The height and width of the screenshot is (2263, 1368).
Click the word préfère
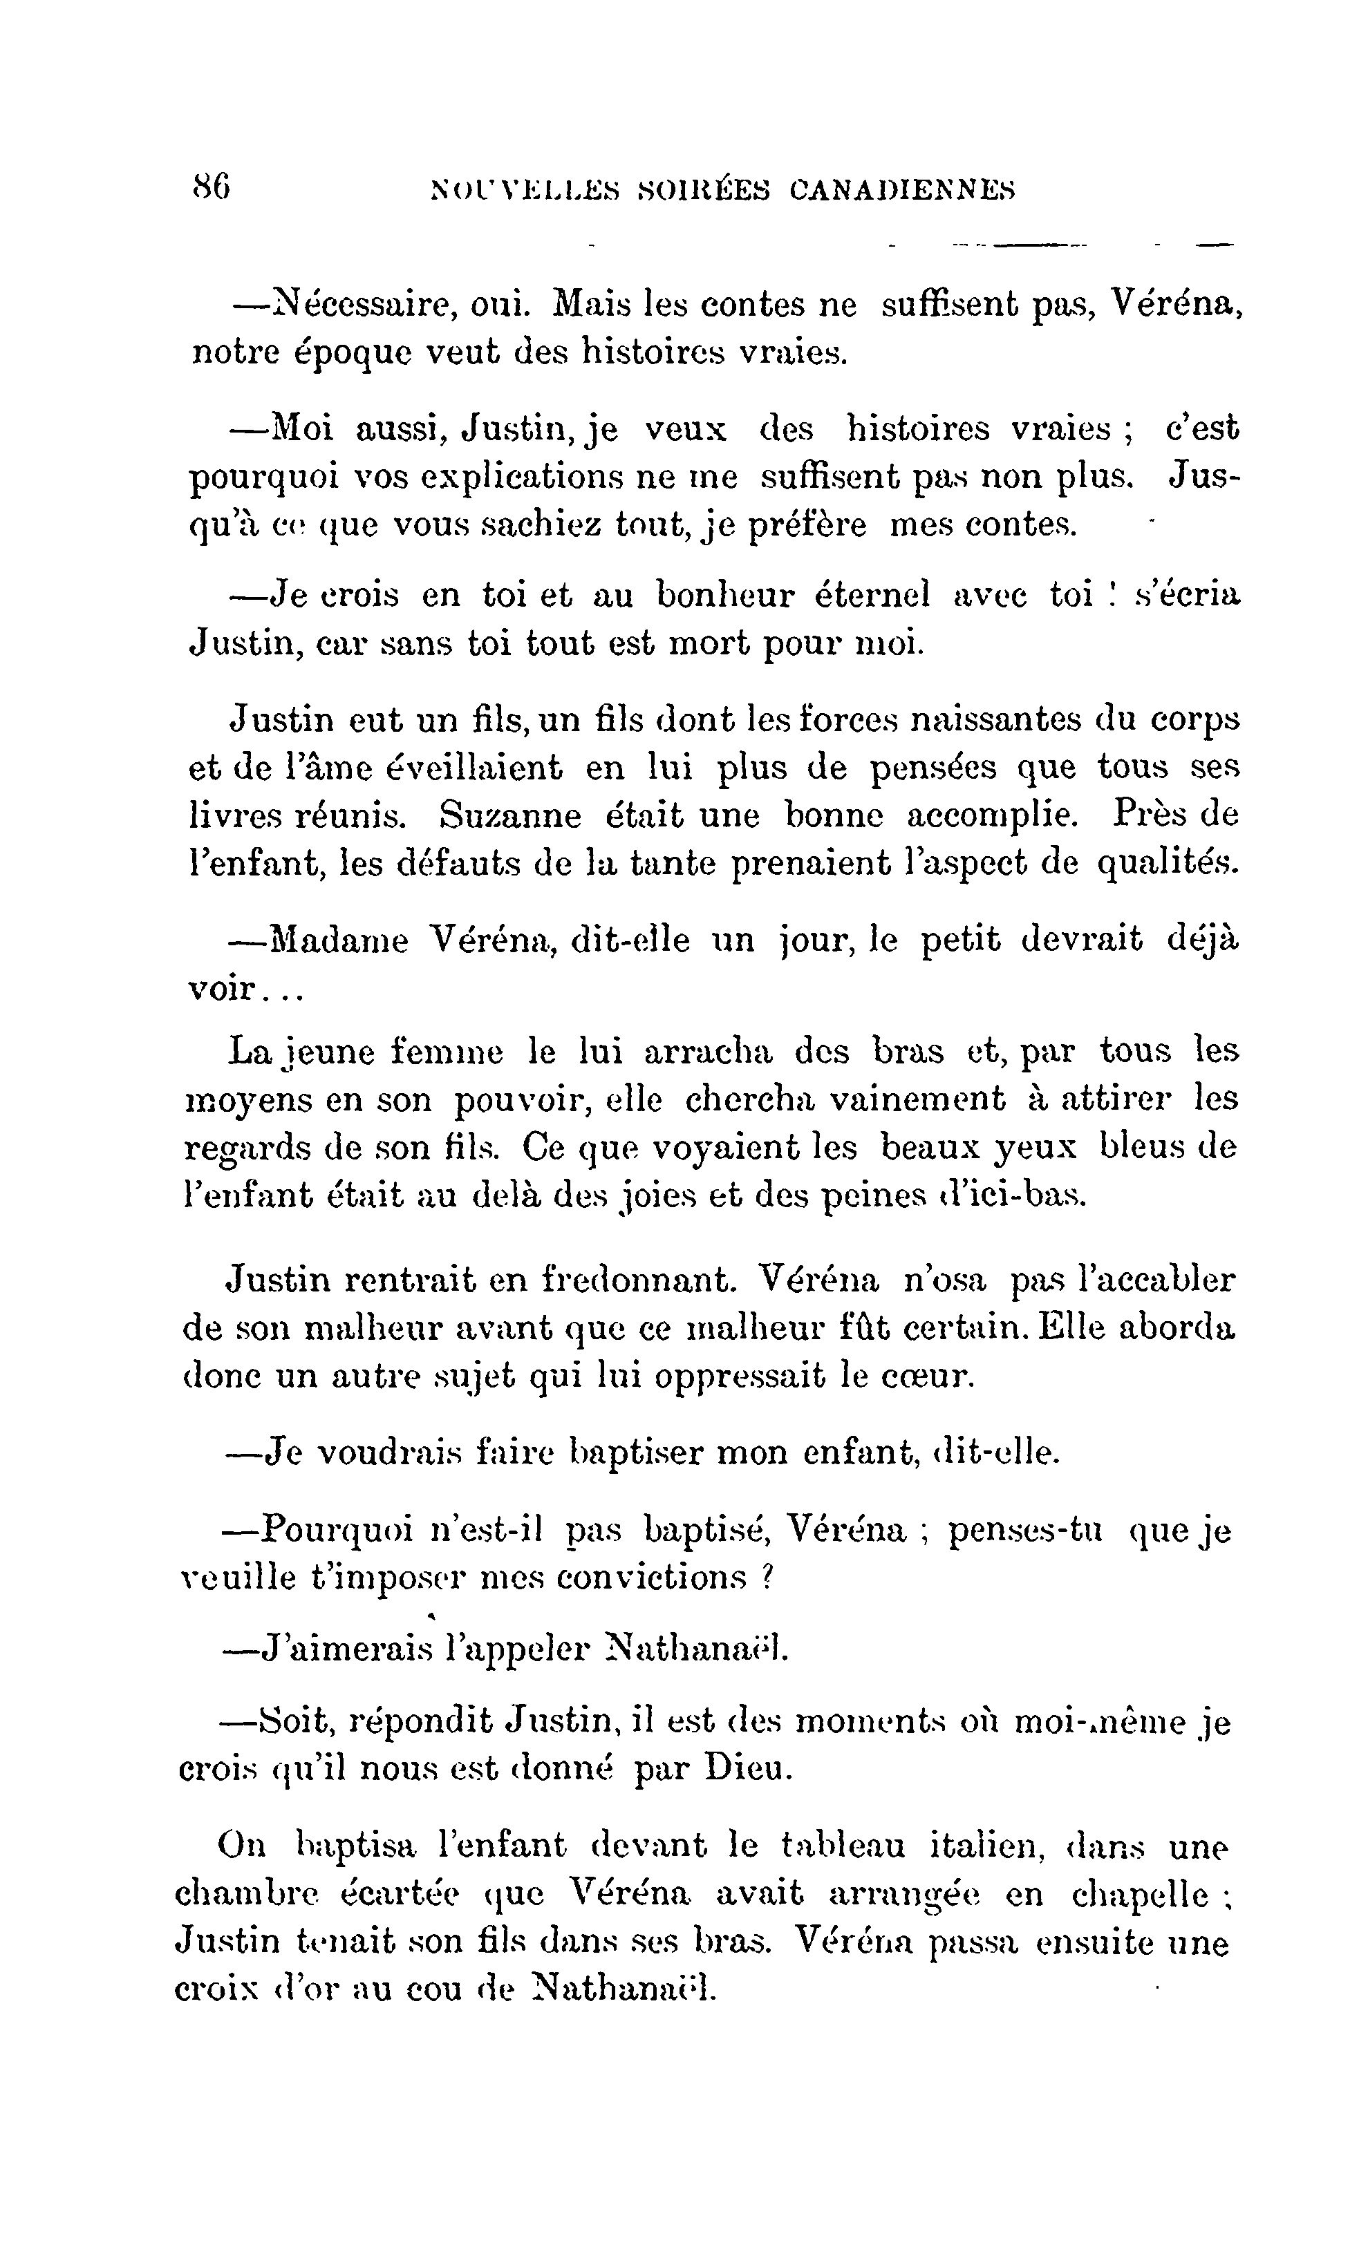pyautogui.click(x=807, y=527)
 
